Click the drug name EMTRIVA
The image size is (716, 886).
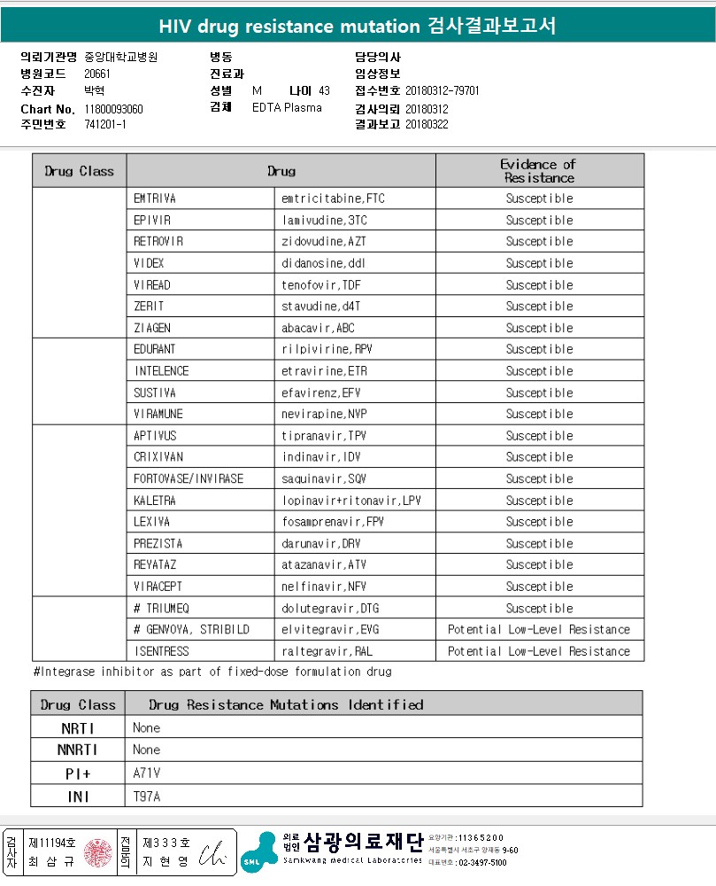tap(155, 198)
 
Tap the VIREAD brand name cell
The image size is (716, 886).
tap(152, 285)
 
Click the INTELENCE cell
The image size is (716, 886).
tap(161, 371)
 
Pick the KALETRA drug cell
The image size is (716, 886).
tap(155, 501)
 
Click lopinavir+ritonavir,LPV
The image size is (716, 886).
tap(351, 501)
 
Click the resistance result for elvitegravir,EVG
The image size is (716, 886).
tap(539, 630)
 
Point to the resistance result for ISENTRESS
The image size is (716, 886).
tap(539, 651)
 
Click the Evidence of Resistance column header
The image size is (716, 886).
tap(539, 170)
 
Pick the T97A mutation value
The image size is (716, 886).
tap(147, 796)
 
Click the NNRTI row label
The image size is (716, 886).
tap(78, 750)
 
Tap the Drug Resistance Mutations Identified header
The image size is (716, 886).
tap(286, 704)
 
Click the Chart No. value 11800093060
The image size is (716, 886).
tap(113, 109)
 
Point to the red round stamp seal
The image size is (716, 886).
tap(97, 852)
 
